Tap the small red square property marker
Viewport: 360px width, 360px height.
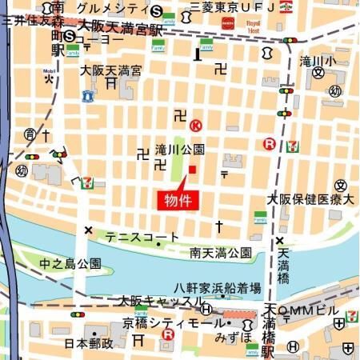[x=192, y=169]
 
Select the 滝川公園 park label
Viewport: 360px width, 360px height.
[x=180, y=150]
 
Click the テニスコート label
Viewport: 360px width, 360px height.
[x=143, y=237]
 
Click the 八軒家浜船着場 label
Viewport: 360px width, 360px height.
[x=218, y=287]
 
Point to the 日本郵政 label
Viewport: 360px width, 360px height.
[x=89, y=342]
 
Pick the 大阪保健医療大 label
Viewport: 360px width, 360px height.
[x=310, y=198]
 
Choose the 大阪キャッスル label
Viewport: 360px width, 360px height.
[x=161, y=301]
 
